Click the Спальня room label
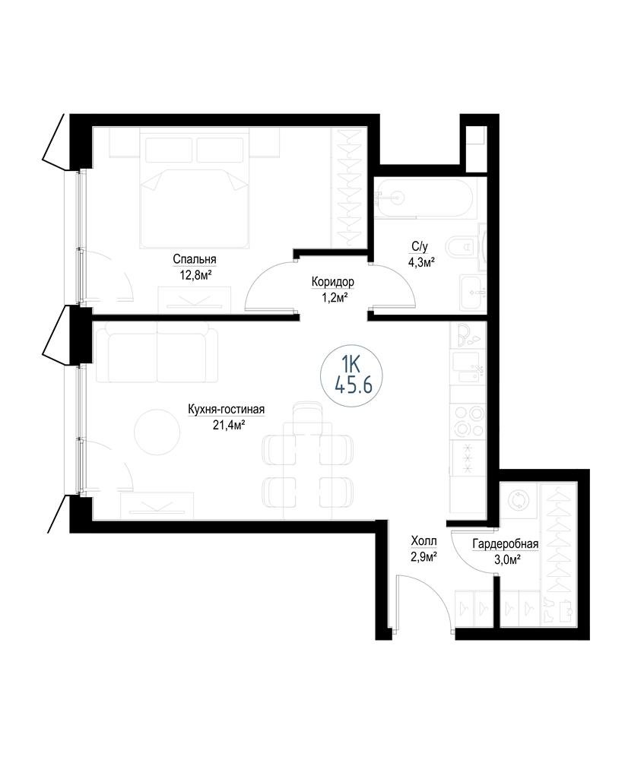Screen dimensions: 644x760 click(195, 259)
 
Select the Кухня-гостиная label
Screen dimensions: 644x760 click(226, 410)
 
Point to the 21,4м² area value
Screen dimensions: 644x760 click(226, 426)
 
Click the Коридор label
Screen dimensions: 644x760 click(333, 282)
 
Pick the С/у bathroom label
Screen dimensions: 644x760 click(420, 247)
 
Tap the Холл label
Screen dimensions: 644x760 click(424, 540)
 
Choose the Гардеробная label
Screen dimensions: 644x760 click(506, 544)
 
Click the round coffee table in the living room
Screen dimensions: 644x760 click(157, 432)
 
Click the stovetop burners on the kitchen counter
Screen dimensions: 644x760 click(468, 421)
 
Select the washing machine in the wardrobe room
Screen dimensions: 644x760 click(519, 501)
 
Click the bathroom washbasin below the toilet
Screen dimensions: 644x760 click(472, 293)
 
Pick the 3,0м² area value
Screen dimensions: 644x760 click(506, 560)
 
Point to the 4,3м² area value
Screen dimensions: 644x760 click(420, 263)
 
